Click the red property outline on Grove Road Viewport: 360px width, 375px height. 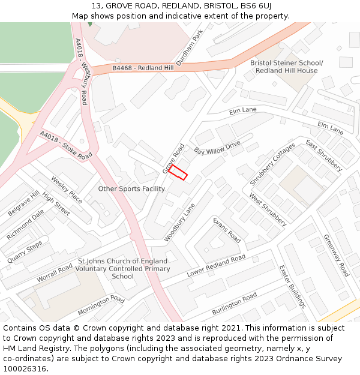pos(178,172)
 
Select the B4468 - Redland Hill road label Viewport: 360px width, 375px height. pos(143,68)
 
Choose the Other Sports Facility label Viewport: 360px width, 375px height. pos(131,189)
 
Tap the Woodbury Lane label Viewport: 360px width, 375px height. pos(180,223)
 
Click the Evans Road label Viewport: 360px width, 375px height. pos(227,230)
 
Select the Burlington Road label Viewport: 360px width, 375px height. pos(234,300)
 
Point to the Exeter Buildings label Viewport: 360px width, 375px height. pos(293,287)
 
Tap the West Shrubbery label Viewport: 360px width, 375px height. pos(268,209)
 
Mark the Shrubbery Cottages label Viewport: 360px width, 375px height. pos(272,163)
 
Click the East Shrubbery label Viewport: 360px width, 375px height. pos(323,155)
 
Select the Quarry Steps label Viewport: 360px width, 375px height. pos(25,252)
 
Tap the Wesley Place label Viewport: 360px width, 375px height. pos(67,189)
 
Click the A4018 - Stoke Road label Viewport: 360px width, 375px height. pos(66,146)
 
